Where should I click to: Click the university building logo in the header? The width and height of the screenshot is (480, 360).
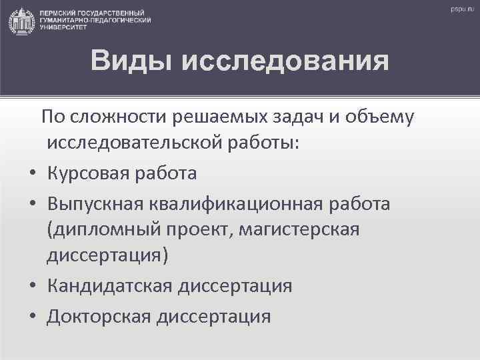point(21,21)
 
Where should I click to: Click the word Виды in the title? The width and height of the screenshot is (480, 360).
point(131,61)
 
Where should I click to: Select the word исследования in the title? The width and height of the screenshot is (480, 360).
point(285,61)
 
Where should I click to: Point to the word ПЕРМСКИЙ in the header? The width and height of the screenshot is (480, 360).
point(57,14)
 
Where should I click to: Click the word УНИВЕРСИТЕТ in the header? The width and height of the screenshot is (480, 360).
point(61,28)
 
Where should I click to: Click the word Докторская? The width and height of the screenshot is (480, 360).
point(98,315)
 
